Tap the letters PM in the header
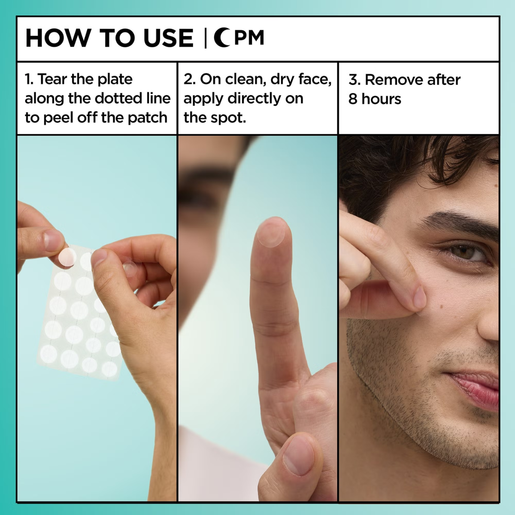point(249,38)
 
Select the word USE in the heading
point(168,38)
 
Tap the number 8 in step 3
point(353,99)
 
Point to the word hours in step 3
point(381,99)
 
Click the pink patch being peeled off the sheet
point(67,257)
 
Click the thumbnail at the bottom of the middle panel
point(298,459)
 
